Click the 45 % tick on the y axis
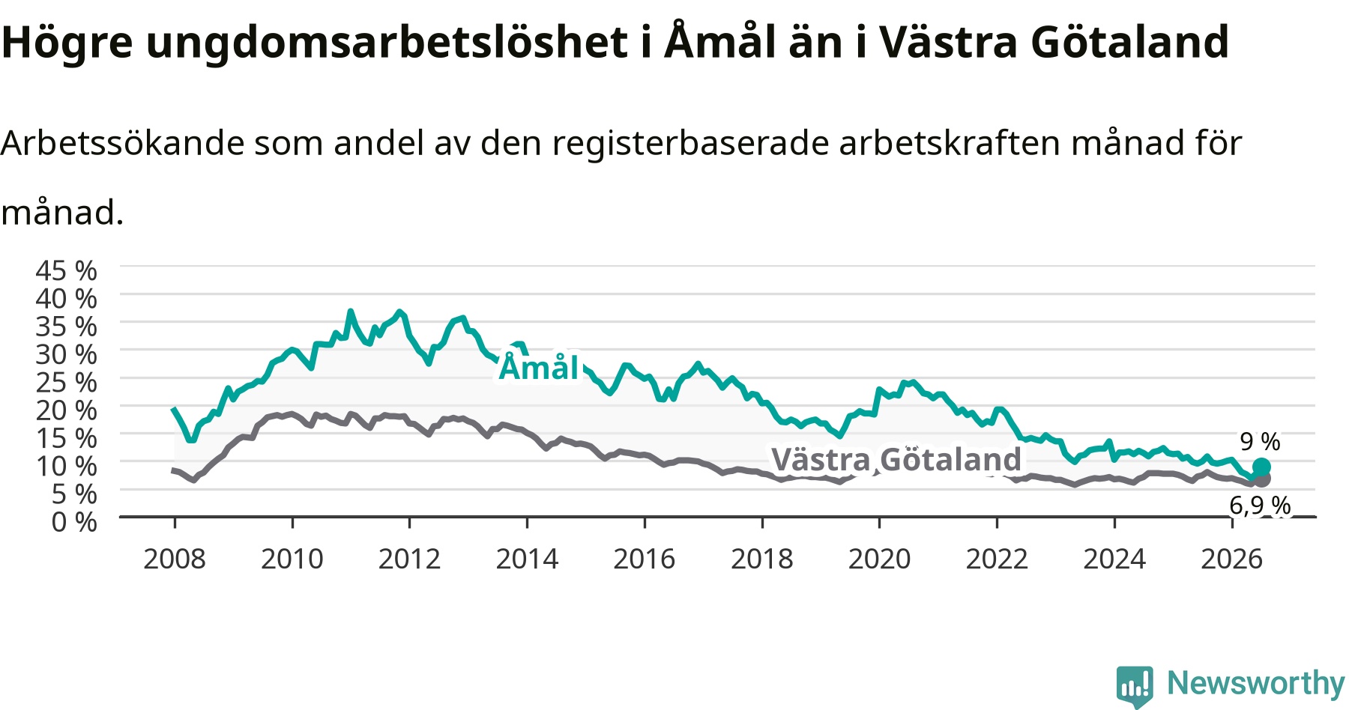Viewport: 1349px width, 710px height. click(66, 270)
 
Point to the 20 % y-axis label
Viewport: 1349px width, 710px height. click(66, 410)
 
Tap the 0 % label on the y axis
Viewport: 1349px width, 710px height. click(74, 522)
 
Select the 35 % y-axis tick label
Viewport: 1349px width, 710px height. click(66, 327)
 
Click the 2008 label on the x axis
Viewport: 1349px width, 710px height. click(175, 559)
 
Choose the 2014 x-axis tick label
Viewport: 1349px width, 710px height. click(527, 559)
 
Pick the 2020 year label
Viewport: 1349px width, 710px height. click(880, 559)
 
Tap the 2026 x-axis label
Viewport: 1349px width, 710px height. click(1232, 559)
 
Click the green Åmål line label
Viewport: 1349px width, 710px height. click(540, 367)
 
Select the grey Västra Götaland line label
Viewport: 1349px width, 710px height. click(896, 460)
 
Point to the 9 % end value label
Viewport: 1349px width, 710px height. click(1260, 441)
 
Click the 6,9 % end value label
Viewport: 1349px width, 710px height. click(1260, 506)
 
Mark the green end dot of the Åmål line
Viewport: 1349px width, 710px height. click(1261, 467)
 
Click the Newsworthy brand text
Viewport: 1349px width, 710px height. click(1256, 683)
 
